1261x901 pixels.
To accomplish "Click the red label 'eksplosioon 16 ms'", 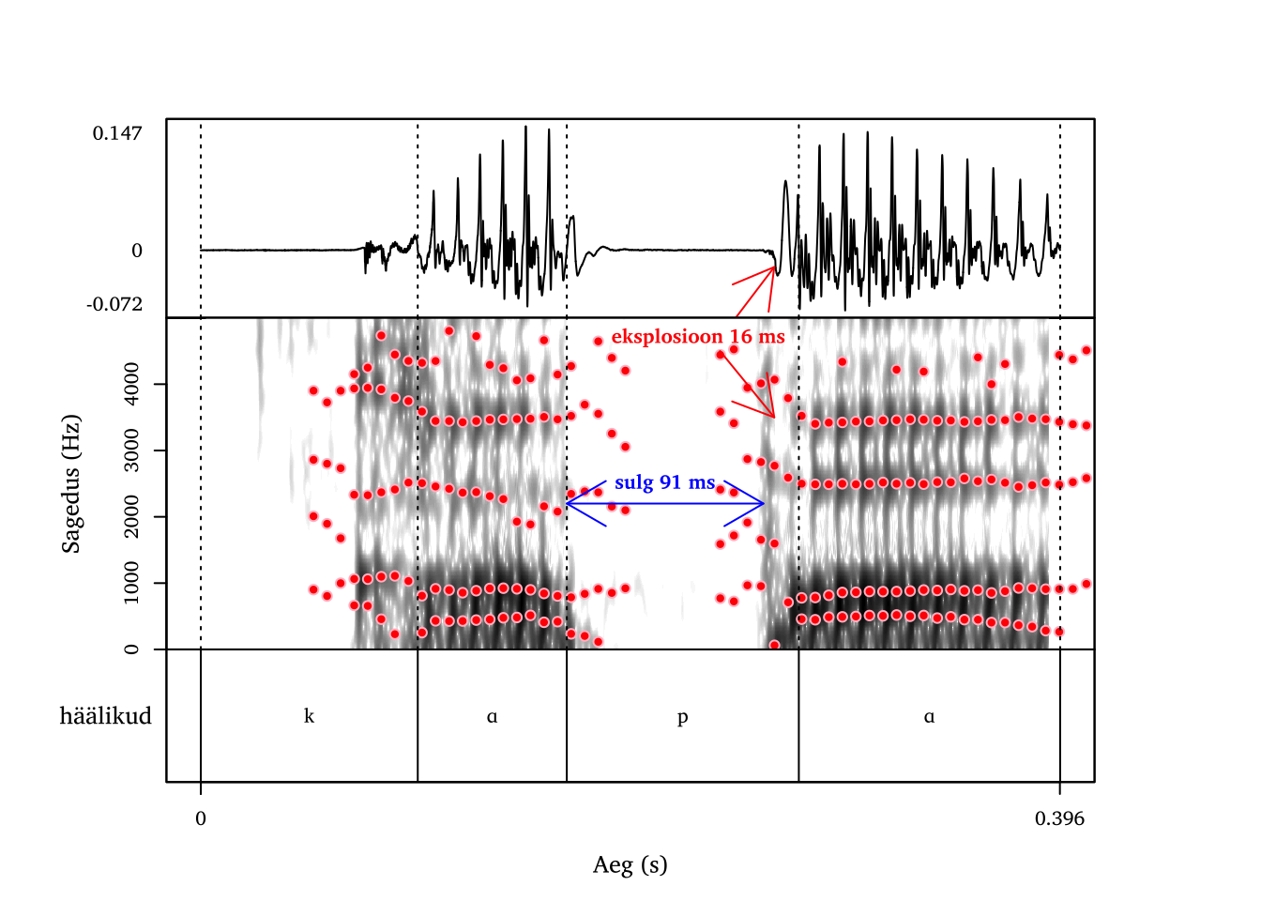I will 698,337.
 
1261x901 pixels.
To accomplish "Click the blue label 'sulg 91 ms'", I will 664,482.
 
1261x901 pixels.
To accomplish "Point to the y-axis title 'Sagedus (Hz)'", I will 71,483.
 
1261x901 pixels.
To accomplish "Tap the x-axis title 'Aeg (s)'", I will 630,864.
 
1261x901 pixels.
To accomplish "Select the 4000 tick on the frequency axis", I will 131,384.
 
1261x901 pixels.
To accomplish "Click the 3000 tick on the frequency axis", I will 131,450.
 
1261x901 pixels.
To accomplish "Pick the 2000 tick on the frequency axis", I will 131,517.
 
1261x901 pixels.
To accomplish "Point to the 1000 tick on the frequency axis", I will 131,583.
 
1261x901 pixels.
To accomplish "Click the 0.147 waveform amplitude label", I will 117,133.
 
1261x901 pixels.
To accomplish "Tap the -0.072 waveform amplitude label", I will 114,304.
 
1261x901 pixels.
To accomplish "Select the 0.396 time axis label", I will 1059,818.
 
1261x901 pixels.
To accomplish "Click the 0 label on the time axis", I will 201,818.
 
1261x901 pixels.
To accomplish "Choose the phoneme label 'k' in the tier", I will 309,716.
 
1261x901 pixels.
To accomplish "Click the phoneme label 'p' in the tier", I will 682,717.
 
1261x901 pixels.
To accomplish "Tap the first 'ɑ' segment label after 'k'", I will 492,716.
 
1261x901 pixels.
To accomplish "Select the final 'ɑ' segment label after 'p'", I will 929,716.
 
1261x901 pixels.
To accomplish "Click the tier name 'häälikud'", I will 105,716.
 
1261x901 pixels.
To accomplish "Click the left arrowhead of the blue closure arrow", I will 569,504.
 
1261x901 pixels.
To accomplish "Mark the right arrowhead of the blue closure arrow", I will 763,504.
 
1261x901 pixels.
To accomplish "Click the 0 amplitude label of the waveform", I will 137,251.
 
